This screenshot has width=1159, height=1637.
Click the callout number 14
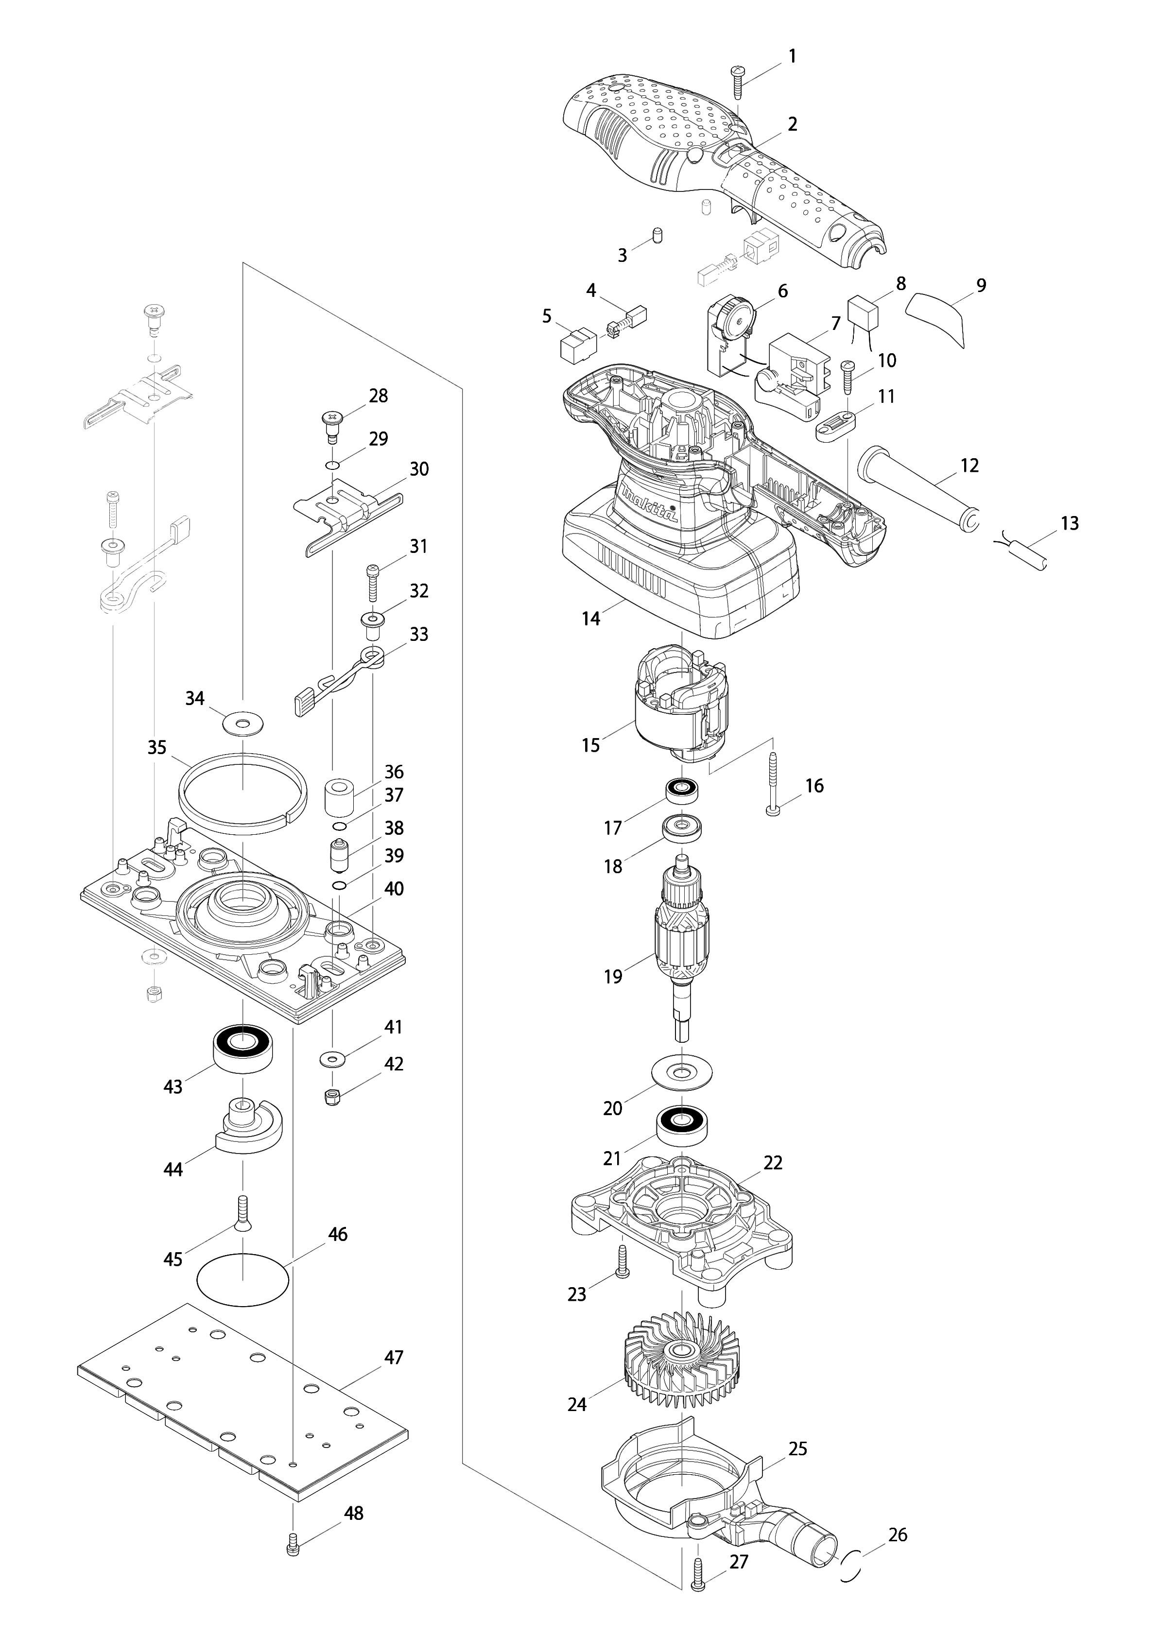pyautogui.click(x=591, y=619)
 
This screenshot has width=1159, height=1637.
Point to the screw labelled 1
pyautogui.click(x=737, y=82)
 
